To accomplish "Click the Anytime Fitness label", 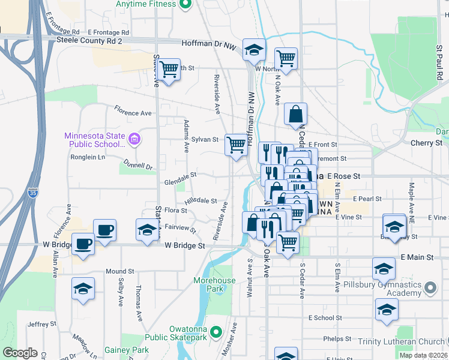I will point(147,4).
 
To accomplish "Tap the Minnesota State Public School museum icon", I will point(134,140).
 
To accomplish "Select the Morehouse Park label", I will point(214,284).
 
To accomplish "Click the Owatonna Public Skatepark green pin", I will point(217,331).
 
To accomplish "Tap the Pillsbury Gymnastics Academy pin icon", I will point(430,289).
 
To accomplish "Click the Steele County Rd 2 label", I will point(89,40).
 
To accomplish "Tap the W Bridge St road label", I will point(185,245).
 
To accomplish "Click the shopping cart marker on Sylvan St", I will point(237,145).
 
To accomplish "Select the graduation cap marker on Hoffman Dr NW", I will point(255,50).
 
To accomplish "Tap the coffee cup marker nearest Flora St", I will point(104,230).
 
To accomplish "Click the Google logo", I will point(20,353).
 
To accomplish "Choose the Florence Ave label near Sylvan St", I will point(133,112).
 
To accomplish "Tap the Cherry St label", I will point(426,143).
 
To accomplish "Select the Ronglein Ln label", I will point(88,157).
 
